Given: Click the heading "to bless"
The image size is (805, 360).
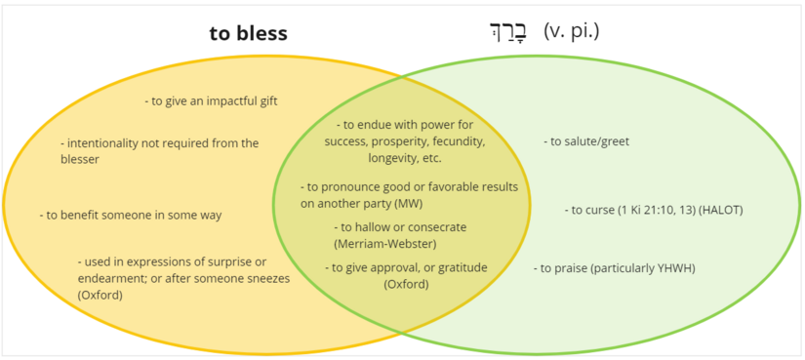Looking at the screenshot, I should [248, 33].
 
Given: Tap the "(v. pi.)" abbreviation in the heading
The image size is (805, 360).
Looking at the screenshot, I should [571, 31].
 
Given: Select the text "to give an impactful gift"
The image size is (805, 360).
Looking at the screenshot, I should [211, 100].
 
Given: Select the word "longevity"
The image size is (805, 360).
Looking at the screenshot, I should [395, 158].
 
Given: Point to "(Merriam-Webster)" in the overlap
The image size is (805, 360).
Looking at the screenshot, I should [384, 243].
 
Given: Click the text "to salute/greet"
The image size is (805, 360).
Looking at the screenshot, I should [586, 141].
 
